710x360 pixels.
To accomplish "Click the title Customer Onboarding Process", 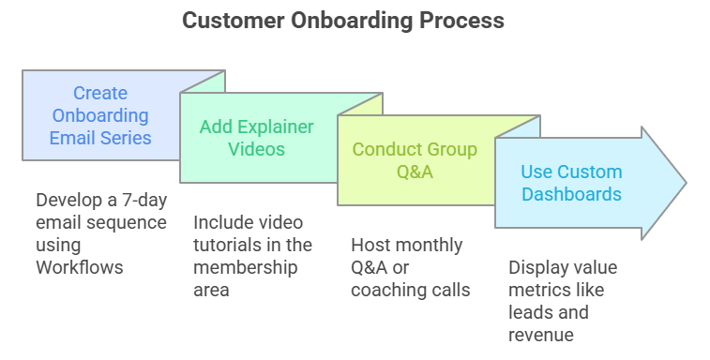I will pyautogui.click(x=342, y=20).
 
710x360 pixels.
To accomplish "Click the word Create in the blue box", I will pyautogui.click(x=100, y=93).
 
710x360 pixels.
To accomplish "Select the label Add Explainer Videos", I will pyautogui.click(x=256, y=137).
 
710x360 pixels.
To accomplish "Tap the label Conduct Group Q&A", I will pyautogui.click(x=415, y=160).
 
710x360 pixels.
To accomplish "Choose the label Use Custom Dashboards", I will pyautogui.click(x=571, y=183).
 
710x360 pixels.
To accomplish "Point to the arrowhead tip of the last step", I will pyautogui.click(x=685, y=183).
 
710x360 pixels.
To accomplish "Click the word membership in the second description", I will pyautogui.click(x=241, y=267).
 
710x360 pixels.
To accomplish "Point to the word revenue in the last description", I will pyautogui.click(x=540, y=335).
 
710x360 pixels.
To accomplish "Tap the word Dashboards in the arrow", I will pyautogui.click(x=571, y=195).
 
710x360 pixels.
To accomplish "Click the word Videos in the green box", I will pyautogui.click(x=256, y=149).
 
